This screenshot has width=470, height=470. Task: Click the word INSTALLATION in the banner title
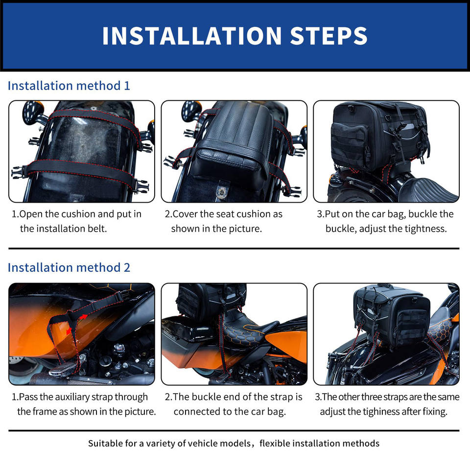192,36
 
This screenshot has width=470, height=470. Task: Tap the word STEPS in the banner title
329,36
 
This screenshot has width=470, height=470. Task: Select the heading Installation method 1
69,86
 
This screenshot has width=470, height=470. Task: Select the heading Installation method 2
69,268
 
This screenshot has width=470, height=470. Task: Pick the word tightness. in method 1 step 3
425,229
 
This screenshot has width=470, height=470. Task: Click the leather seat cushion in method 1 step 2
234,141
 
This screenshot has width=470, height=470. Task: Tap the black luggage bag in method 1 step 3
379,137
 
